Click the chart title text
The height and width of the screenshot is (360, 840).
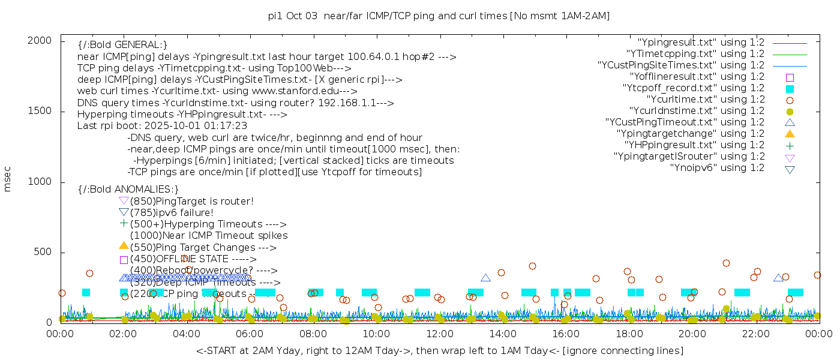click(x=439, y=16)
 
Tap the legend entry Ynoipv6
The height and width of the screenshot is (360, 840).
click(x=717, y=168)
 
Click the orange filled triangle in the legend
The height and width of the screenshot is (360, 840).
click(x=790, y=134)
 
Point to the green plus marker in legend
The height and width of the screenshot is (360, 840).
click(x=790, y=145)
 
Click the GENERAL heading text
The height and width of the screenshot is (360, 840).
click(x=122, y=45)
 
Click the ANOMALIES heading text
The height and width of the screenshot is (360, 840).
click(x=128, y=190)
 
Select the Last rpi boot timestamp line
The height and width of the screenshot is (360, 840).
click(x=162, y=126)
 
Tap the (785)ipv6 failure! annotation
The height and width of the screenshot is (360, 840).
click(x=172, y=212)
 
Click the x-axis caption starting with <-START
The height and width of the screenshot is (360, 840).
click(x=439, y=350)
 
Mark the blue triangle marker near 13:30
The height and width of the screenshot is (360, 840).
click(x=485, y=278)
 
